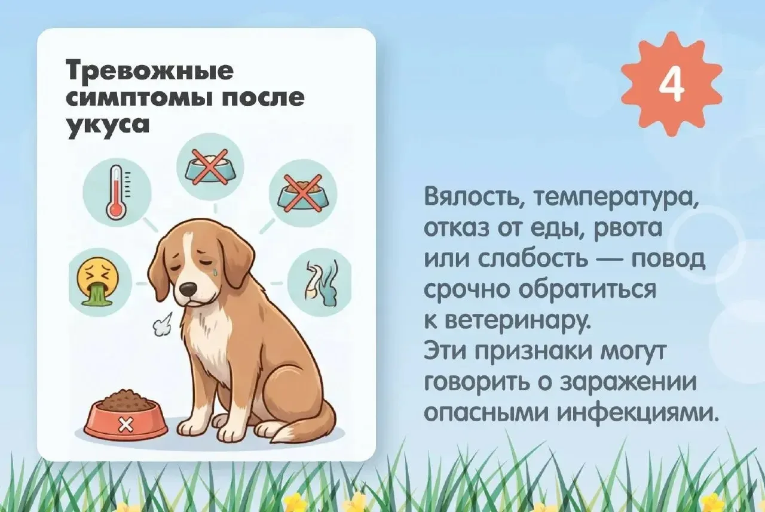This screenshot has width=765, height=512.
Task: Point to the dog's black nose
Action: coord(188,290)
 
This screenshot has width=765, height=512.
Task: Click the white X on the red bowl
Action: coord(126,424)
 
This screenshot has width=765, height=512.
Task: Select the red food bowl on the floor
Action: coord(126,416)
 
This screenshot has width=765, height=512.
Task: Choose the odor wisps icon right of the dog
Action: coord(319,283)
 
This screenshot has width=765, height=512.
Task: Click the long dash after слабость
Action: coord(608,263)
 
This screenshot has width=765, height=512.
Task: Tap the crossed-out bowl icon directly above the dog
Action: coord(210,166)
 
